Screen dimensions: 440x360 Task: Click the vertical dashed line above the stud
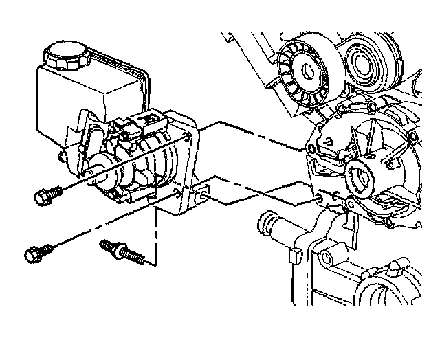[157, 234]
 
